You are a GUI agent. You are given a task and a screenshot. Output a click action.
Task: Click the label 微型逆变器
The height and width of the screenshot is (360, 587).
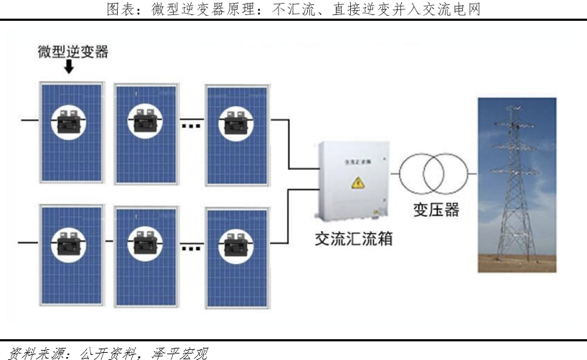click(73, 52)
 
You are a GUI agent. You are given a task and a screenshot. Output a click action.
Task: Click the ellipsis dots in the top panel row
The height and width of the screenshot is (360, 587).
click(191, 126)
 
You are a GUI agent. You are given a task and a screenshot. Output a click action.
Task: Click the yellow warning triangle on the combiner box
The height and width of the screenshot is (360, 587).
click(357, 184)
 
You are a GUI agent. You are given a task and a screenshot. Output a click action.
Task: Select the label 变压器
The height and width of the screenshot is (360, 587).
click(436, 210)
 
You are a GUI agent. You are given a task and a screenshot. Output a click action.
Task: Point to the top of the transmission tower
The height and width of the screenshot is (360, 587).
click(514, 108)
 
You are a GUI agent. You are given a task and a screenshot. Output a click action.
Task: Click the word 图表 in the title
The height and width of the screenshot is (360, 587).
click(118, 9)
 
